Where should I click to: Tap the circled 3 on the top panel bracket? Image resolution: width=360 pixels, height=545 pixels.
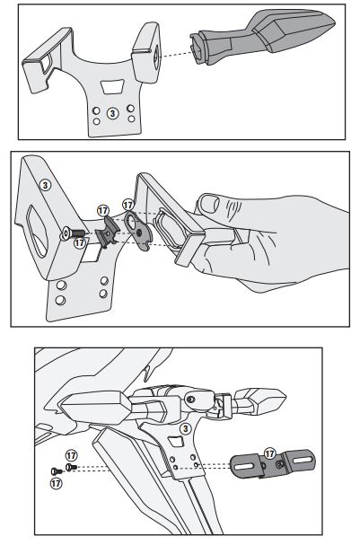pos(112,113)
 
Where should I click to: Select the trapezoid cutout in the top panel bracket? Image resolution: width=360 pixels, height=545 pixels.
pos(112,87)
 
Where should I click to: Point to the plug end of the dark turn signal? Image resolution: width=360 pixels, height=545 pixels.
pos(198,48)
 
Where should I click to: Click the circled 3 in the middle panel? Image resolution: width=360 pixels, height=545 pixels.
pos(45,185)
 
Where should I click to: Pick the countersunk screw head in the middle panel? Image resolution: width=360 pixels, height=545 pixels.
pos(66,233)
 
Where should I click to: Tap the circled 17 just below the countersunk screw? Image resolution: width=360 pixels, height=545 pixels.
pos(80,242)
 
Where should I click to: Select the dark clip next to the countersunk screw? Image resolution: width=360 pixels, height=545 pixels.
pos(108,231)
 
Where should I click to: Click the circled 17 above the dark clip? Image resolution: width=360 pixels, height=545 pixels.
pos(103,211)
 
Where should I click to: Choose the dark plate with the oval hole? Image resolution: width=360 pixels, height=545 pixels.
pos(138,231)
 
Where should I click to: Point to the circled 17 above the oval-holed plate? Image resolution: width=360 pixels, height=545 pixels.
pos(127,205)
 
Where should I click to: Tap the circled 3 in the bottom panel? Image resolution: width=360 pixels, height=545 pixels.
pos(186,428)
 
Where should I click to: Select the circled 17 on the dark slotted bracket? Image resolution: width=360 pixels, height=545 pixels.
pos(269,453)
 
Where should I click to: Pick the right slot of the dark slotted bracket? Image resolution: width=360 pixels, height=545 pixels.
pos(301,460)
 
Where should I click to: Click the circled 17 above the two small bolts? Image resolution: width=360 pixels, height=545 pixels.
pos(71,455)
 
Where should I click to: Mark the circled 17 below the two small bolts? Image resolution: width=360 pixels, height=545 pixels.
pos(57,483)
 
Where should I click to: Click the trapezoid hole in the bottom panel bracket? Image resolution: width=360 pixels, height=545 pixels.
pos(177,442)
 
